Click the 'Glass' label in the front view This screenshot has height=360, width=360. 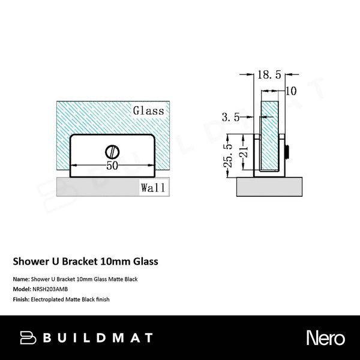pyautogui.click(x=148, y=111)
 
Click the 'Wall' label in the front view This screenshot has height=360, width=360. pyautogui.click(x=153, y=188)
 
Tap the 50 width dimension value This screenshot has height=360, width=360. pyautogui.click(x=112, y=166)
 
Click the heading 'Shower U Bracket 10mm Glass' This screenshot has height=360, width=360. pyautogui.click(x=86, y=262)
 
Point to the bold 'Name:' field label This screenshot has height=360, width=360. pyautogui.click(x=21, y=279)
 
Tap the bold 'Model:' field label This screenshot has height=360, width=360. pyautogui.click(x=22, y=289)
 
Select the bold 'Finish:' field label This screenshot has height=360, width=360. pyautogui.click(x=22, y=298)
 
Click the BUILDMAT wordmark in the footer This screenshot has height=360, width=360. pyautogui.click(x=97, y=337)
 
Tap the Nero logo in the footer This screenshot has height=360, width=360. pyautogui.click(x=325, y=337)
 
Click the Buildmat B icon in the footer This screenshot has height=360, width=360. pyautogui.click(x=28, y=337)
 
